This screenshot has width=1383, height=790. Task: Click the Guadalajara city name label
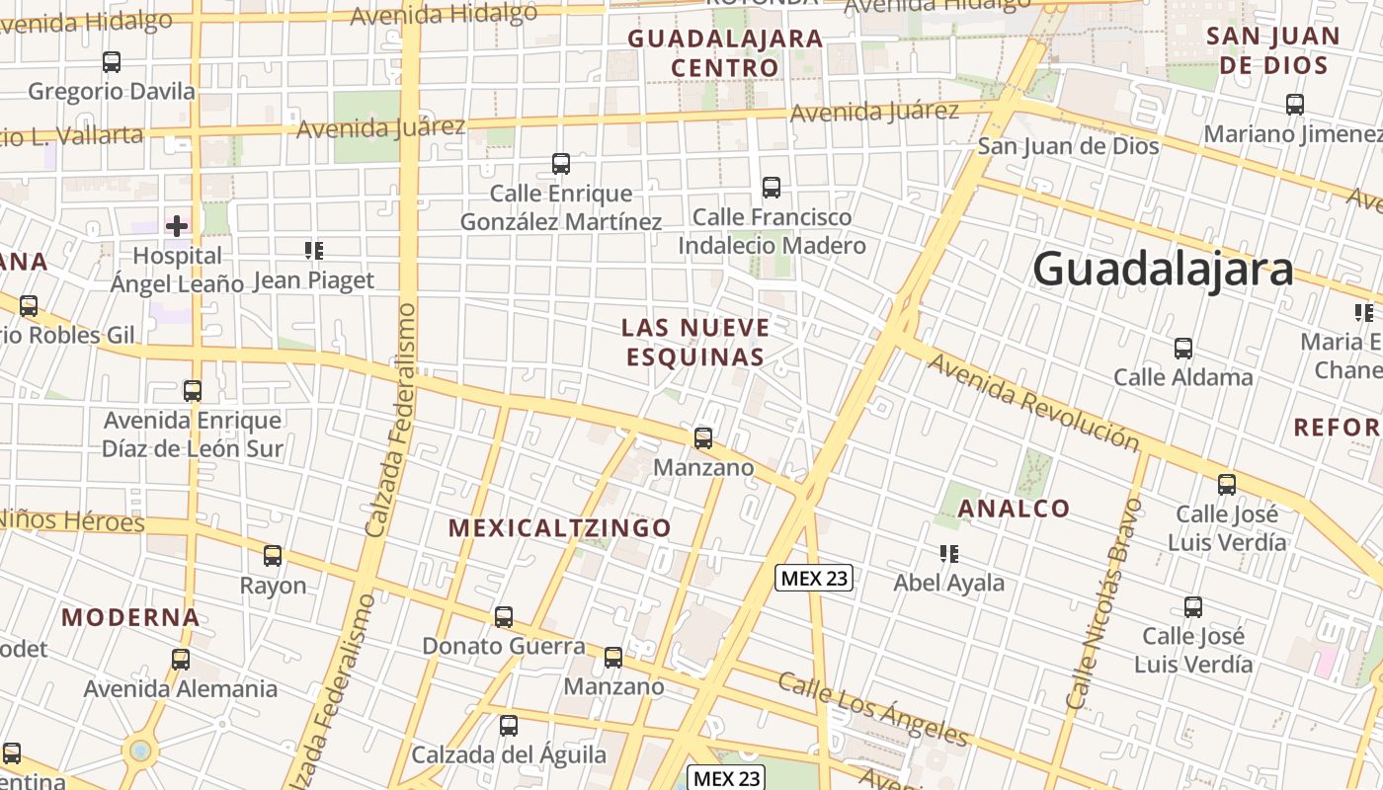click(x=1163, y=269)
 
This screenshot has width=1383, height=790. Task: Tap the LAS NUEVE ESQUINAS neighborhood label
click(x=695, y=342)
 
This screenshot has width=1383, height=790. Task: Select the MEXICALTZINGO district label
click(x=560, y=527)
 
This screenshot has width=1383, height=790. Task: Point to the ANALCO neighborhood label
click(x=1015, y=509)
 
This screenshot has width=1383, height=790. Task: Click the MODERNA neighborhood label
click(x=130, y=618)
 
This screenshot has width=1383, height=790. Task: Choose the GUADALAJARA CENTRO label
click(x=725, y=53)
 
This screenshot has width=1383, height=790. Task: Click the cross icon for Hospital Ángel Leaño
click(x=177, y=226)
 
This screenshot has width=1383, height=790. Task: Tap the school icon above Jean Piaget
click(x=314, y=251)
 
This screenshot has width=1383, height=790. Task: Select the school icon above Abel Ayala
click(x=949, y=554)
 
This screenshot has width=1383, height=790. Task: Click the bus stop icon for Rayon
click(x=273, y=556)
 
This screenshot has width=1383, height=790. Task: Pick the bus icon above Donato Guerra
click(x=504, y=617)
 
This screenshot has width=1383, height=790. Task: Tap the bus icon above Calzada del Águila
click(x=509, y=726)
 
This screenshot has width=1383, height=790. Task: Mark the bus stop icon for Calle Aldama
click(x=1182, y=349)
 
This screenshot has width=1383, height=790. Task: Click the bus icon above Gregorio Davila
click(x=112, y=62)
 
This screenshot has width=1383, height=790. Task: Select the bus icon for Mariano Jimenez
click(x=1294, y=104)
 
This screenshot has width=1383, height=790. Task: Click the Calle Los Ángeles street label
click(x=872, y=708)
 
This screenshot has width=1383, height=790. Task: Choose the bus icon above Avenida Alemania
click(x=180, y=660)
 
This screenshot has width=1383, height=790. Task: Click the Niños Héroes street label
click(x=71, y=519)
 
